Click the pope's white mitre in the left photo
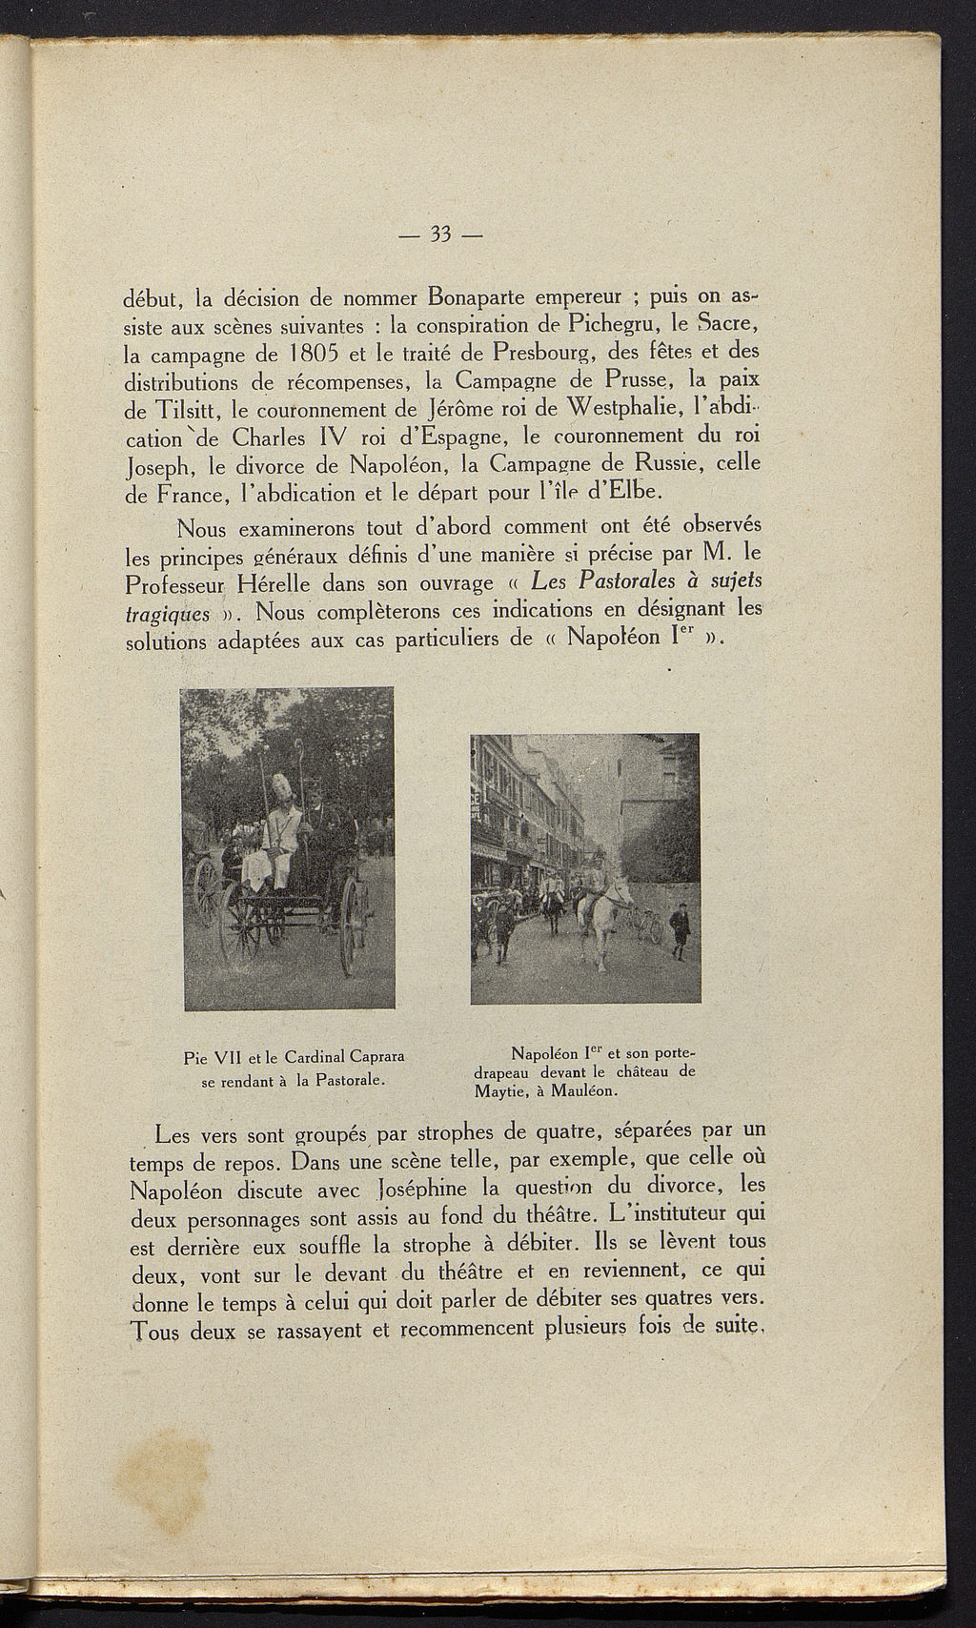283,789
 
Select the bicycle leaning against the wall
647,925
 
